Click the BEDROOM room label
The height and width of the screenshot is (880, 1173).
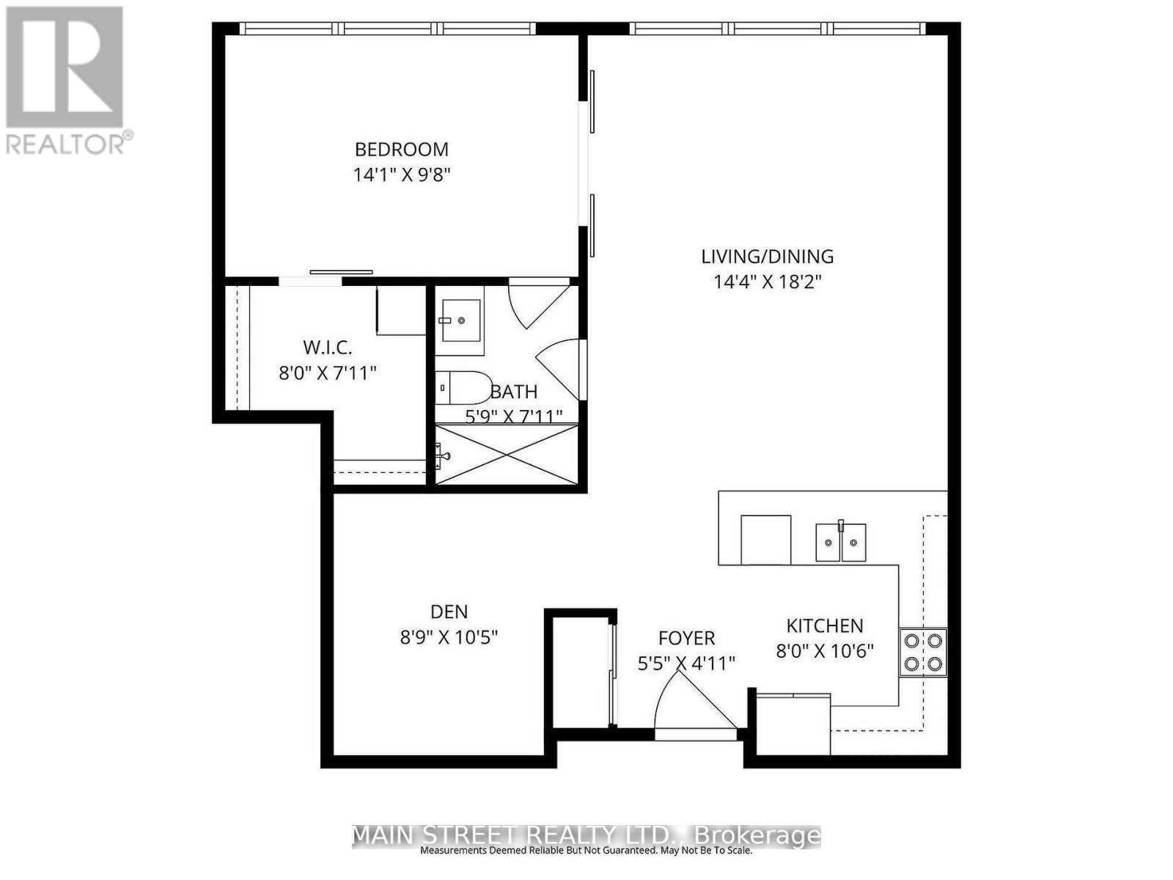401,150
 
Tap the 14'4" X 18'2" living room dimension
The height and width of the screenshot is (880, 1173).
768,282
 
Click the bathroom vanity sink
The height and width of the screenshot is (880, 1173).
461,320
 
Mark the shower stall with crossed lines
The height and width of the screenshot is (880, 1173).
507,455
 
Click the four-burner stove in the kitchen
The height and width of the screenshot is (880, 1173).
923,652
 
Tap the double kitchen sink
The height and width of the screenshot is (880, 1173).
841,543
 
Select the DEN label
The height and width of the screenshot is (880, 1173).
449,612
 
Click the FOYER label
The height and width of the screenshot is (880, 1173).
686,638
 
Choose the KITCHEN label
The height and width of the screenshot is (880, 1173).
825,626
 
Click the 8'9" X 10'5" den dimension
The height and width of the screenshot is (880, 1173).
449,637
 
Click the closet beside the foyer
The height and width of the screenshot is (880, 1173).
580,672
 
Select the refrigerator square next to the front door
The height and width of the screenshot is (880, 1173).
793,725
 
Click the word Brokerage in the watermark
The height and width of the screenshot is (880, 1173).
757,835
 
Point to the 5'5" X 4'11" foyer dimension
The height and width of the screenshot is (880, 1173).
686,664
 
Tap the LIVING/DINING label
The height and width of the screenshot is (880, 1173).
768,257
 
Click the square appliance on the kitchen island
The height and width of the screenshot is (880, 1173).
765,540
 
